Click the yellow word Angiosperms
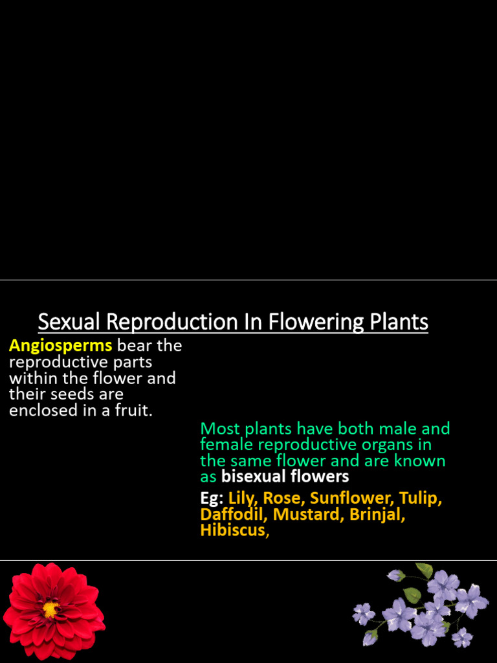coord(60,346)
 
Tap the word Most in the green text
coord(219,429)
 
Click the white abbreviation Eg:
coord(212,499)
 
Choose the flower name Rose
coord(282,499)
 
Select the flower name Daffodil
coord(233,515)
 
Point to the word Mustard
coord(307,515)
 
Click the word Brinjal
coord(376,515)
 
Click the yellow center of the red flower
coord(50,609)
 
